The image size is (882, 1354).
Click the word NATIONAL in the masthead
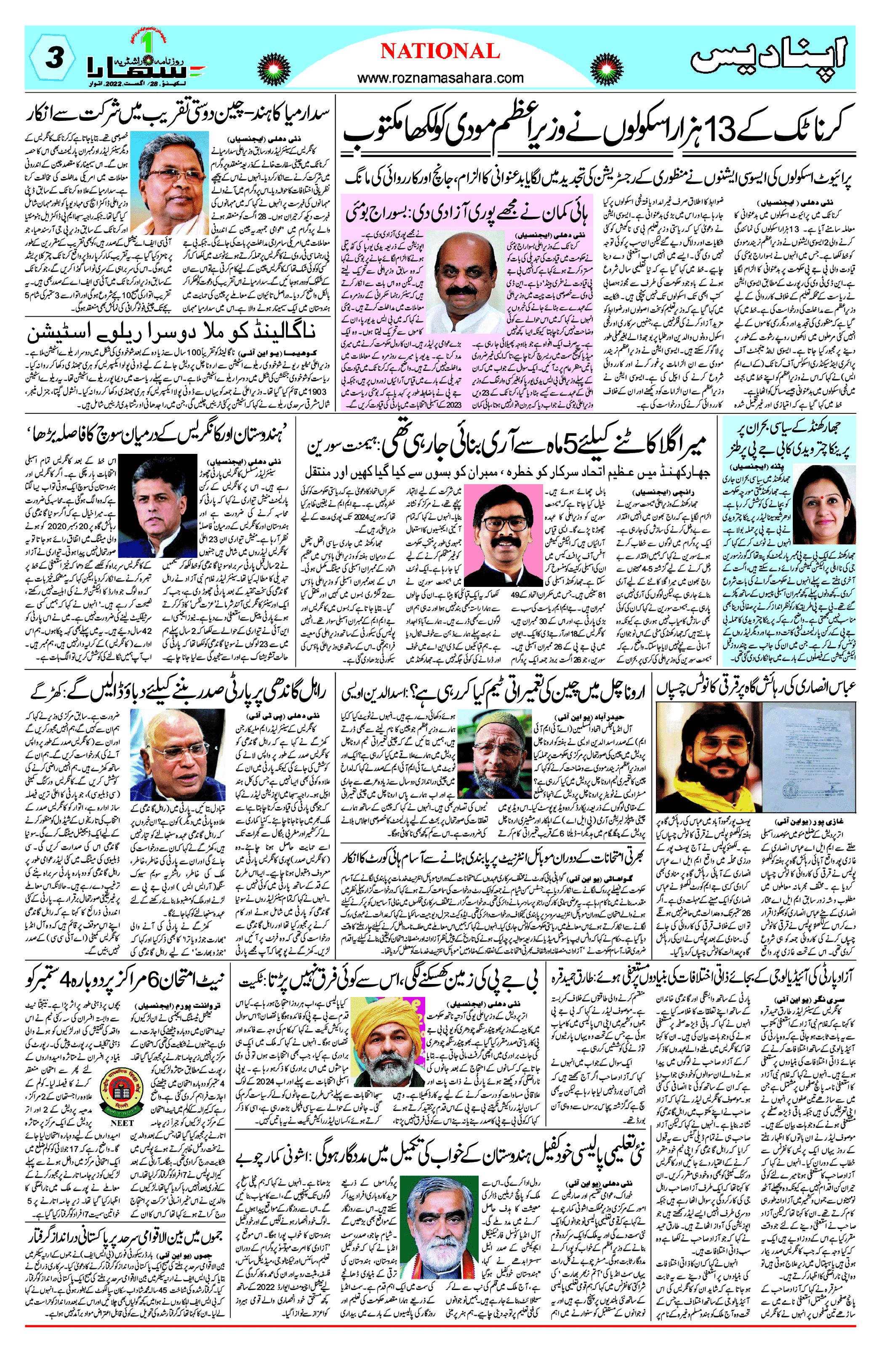[440, 52]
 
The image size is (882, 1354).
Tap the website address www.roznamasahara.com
[440, 78]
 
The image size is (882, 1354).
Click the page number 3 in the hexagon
[53, 58]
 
